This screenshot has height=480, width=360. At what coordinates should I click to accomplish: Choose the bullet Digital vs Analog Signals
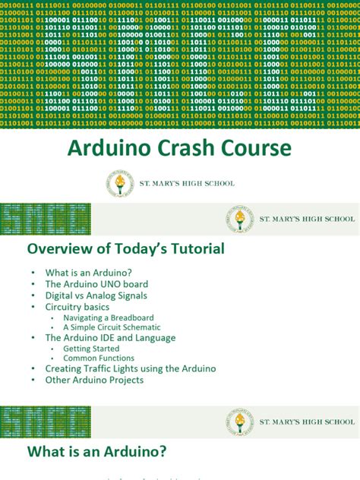coord(96,295)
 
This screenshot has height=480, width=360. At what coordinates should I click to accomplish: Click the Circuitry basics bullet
coord(77,307)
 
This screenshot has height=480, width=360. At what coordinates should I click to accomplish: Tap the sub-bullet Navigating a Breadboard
coord(109,317)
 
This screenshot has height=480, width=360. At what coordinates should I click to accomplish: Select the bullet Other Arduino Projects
coord(94,380)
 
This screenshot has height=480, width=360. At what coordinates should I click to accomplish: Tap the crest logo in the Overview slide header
coord(239,219)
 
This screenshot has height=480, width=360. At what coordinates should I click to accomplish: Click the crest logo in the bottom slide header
coord(239,422)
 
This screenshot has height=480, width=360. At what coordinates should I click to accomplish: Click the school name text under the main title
coord(188,184)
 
